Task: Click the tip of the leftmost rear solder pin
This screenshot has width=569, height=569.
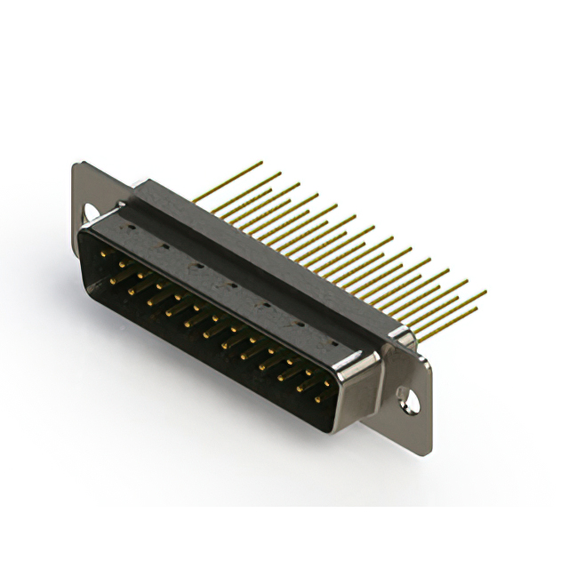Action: [261, 163]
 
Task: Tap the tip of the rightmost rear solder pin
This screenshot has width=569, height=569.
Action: [485, 291]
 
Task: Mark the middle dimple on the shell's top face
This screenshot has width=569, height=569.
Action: [229, 284]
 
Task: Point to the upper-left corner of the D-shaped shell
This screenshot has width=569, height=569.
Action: [84, 227]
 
